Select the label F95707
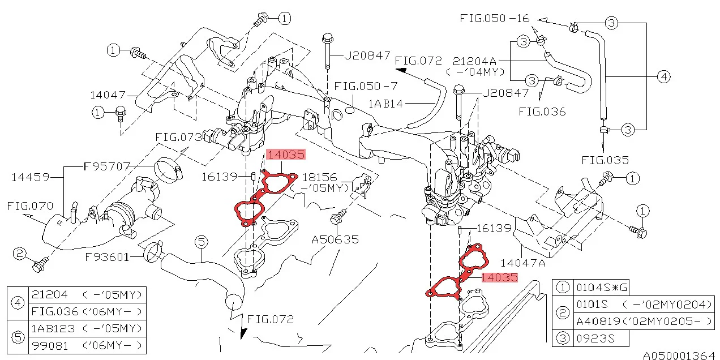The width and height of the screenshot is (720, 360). tap(107, 166)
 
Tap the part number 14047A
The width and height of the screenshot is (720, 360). tap(522, 263)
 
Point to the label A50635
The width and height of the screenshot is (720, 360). tap(336, 239)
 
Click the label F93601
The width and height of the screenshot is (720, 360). tap(107, 257)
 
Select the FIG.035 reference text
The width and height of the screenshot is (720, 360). tap(605, 160)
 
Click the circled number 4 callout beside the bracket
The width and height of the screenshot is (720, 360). tap(663, 76)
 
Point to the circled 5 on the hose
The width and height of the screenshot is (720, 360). tap(202, 242)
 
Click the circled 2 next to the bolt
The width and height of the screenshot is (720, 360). tap(20, 254)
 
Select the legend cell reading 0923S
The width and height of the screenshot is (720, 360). tap(594, 338)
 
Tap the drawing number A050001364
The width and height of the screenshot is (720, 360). tap(679, 355)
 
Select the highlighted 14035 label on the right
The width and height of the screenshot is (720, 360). tap(499, 277)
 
